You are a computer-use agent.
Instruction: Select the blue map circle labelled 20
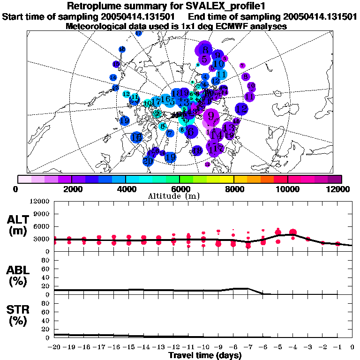[148, 161]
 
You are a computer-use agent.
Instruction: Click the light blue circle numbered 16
[165, 99]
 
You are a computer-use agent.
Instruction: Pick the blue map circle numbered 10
[218, 64]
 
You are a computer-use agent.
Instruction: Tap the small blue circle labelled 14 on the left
[113, 77]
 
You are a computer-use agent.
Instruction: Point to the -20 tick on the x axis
[55, 347]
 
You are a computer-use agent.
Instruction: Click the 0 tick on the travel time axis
[352, 347]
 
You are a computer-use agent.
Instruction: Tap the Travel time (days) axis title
[205, 355]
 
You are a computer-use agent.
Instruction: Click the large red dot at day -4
[293, 232]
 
